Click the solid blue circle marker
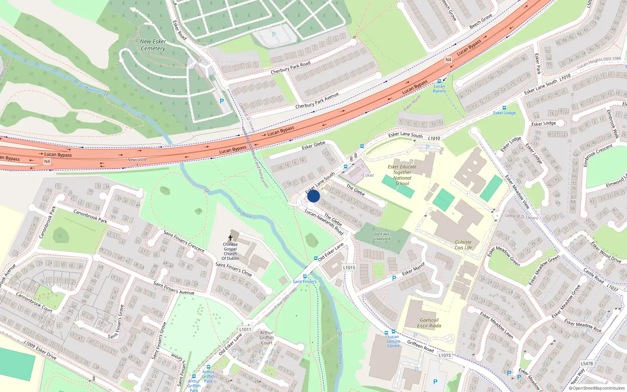(x=313, y=196)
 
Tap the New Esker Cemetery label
(x=153, y=45)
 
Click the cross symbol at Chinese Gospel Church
(x=230, y=238)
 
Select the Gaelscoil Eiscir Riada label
(x=429, y=323)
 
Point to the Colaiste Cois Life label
(x=463, y=245)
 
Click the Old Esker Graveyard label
(x=381, y=236)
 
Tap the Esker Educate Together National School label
(x=402, y=175)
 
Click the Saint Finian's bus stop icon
(x=304, y=276)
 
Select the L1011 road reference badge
(x=245, y=329)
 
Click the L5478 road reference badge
(x=587, y=363)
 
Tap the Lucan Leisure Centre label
(x=393, y=341)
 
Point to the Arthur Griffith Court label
(x=266, y=338)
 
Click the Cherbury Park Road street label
(x=290, y=67)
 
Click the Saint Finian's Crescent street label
(x=184, y=241)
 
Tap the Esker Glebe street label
(x=313, y=145)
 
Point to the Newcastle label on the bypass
(x=137, y=160)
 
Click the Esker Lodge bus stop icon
(x=504, y=107)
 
